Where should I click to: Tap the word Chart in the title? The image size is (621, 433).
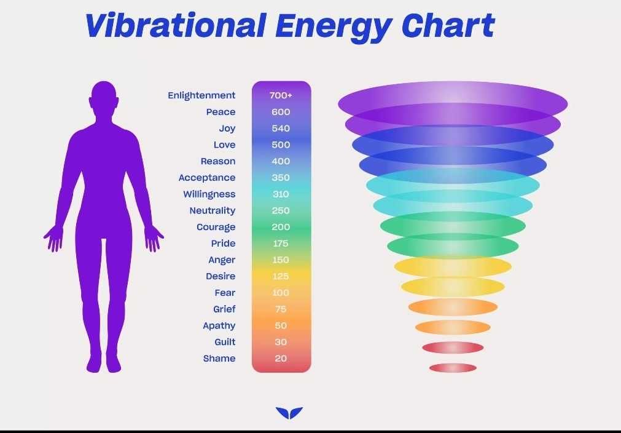tap(448, 25)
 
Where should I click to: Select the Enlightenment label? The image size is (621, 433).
tap(201, 95)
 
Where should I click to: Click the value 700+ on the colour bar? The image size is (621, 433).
tap(281, 95)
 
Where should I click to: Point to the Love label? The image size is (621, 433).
tap(225, 145)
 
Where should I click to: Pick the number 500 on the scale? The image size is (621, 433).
tap(281, 145)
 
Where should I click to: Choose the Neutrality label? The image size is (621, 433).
tap(213, 210)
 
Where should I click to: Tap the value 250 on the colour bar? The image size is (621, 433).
tap(281, 210)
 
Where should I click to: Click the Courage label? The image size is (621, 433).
tap(216, 227)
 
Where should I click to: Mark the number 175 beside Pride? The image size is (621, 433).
tap(280, 244)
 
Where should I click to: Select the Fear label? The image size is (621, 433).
tap(225, 293)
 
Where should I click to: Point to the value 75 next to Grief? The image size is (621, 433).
tap(281, 309)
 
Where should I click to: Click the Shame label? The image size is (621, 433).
tap(219, 359)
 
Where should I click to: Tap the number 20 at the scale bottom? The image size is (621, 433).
tap(281, 359)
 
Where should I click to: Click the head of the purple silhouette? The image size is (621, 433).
tap(104, 97)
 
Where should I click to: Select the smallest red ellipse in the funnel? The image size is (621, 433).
tap(453, 368)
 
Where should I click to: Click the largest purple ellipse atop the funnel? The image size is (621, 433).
tap(453, 104)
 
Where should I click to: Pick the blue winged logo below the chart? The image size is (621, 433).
tap(289, 413)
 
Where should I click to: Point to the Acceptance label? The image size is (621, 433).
tap(207, 178)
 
